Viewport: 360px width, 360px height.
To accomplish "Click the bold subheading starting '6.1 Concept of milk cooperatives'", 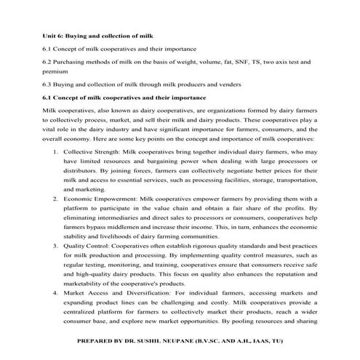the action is coord(125,97).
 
